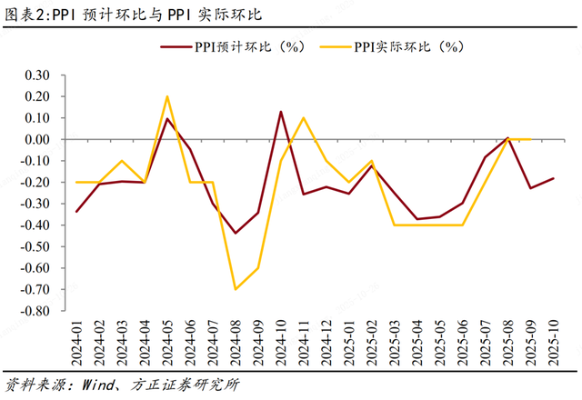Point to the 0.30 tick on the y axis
[x=38, y=75]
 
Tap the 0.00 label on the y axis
[x=38, y=140]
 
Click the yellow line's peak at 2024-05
[x=167, y=96]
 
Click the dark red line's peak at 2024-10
[x=280, y=112]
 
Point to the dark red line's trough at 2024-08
[x=236, y=234]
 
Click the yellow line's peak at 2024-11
[x=304, y=118]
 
